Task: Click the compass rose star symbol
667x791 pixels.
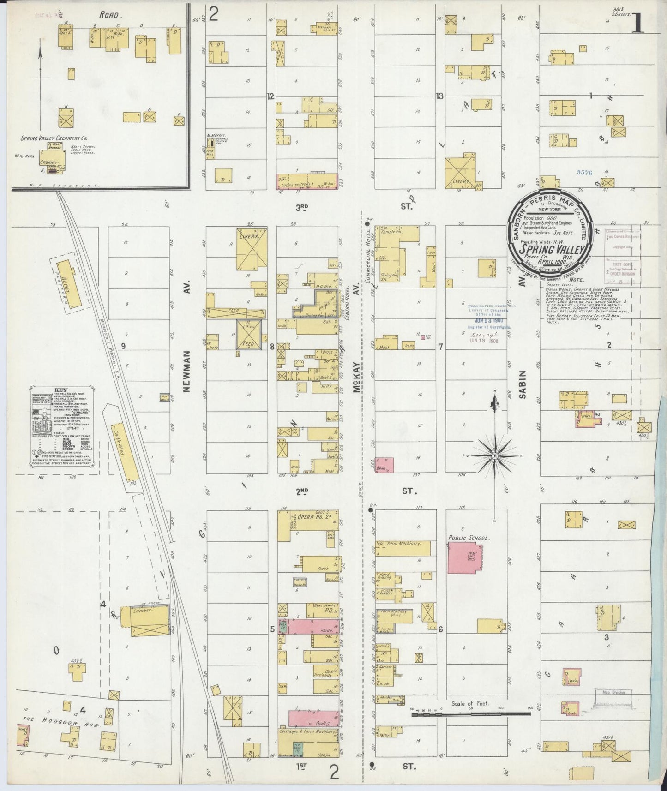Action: pyautogui.click(x=494, y=456)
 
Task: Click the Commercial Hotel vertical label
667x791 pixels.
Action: pyautogui.click(x=369, y=254)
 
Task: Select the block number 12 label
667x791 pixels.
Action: pyautogui.click(x=271, y=96)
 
